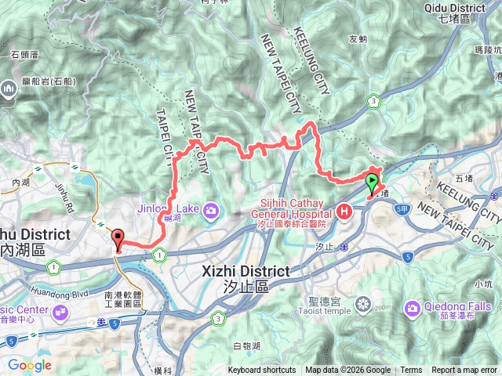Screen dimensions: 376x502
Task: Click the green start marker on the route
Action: point(371,186)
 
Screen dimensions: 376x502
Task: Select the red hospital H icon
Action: point(345,211)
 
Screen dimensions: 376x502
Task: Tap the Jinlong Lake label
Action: point(169,208)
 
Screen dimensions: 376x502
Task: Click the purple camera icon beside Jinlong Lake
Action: point(211,210)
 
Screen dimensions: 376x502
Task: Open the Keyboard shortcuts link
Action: point(262,371)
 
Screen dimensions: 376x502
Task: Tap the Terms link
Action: point(411,371)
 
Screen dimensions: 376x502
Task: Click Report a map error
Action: point(464,371)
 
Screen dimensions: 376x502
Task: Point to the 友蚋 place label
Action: point(358,38)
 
